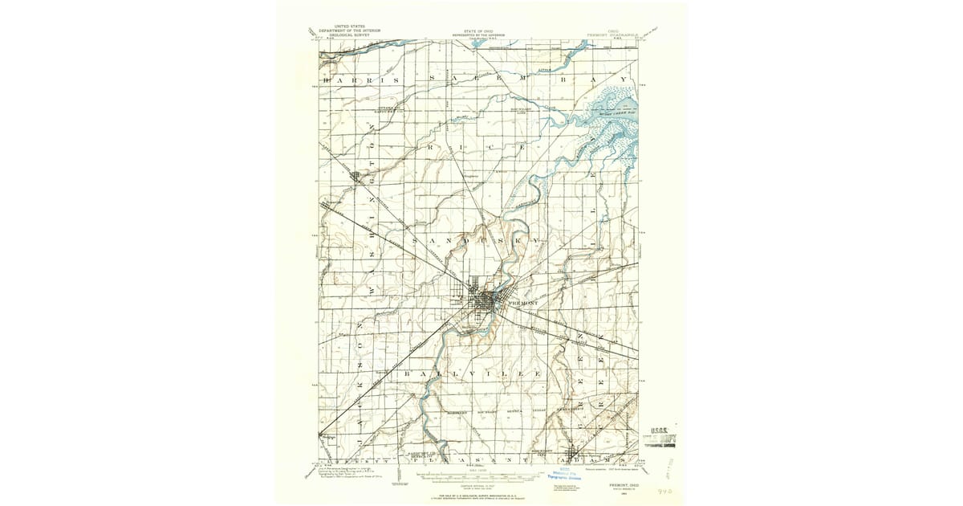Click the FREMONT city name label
[522, 303]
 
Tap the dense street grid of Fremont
[483, 301]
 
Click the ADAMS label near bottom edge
[582, 462]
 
